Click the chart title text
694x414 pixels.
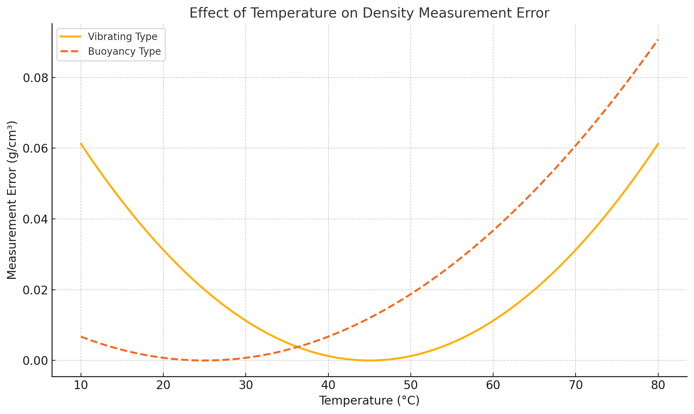tap(369, 13)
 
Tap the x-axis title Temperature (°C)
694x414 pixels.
tap(369, 400)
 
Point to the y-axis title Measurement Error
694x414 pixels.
tap(12, 200)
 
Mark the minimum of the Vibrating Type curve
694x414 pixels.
tap(369, 360)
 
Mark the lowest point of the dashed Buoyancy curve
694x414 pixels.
tap(204, 360)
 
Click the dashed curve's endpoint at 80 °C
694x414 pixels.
tap(658, 40)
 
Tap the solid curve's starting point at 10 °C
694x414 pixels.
tap(81, 143)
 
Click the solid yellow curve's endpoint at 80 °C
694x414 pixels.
tap(658, 143)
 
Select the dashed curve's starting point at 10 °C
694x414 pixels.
tap(81, 336)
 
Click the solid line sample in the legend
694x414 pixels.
tap(70, 36)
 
